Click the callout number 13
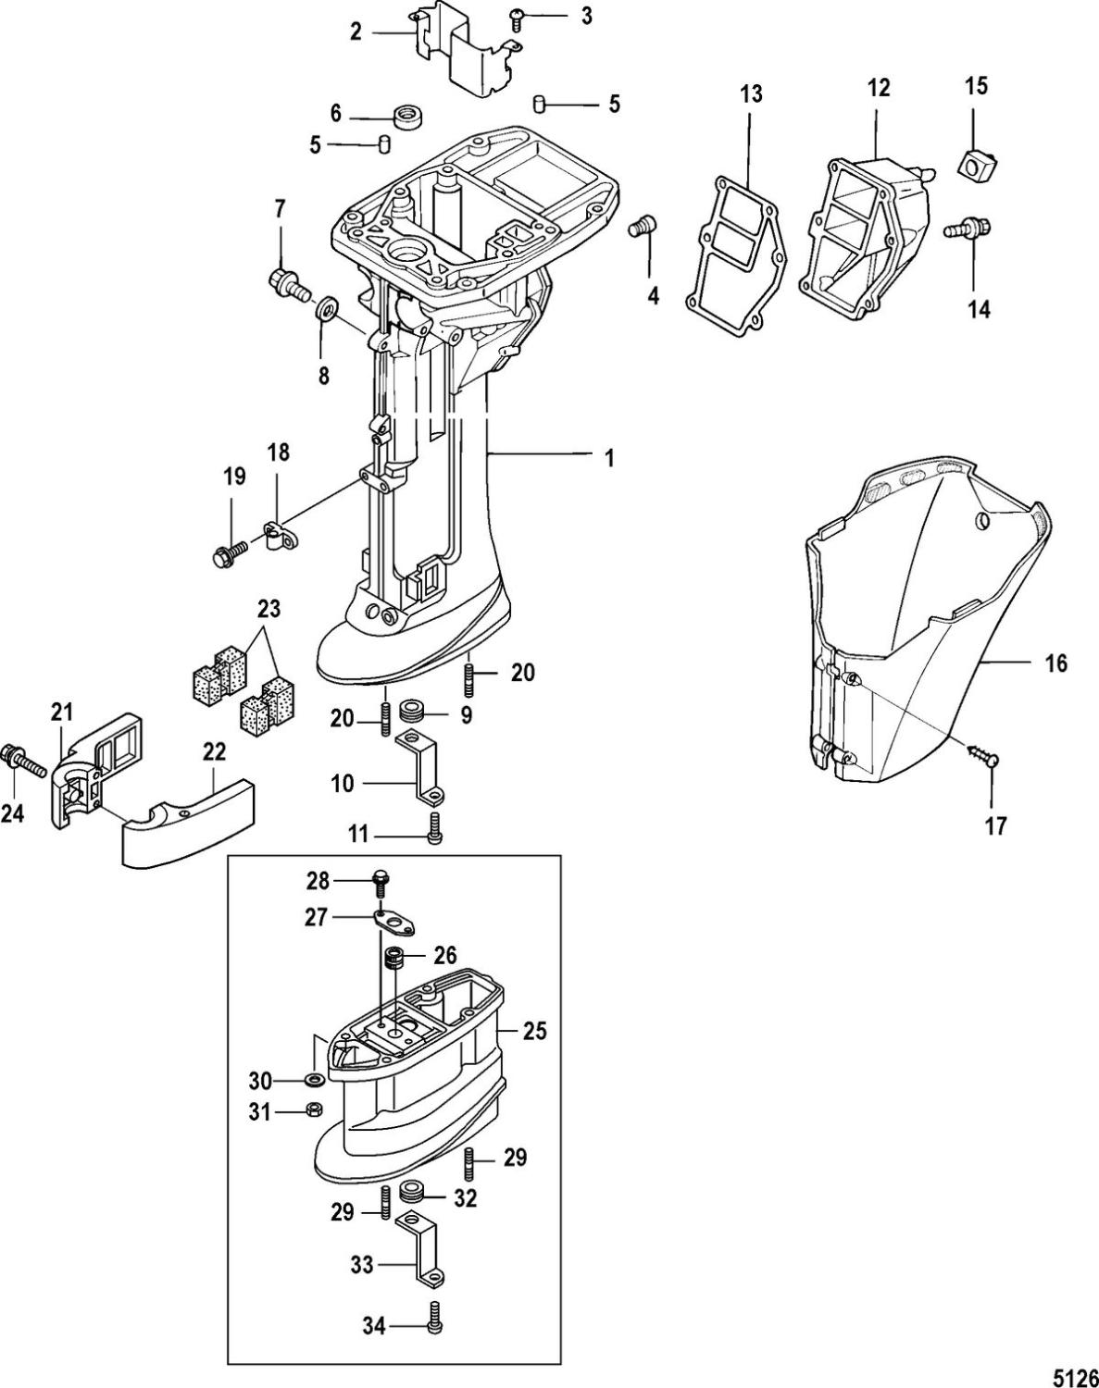(751, 94)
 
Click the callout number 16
(1055, 663)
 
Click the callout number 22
(214, 752)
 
